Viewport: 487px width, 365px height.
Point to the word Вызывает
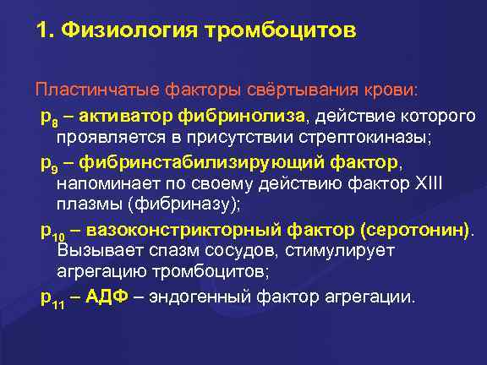[93, 251]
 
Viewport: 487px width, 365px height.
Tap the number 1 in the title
[41, 32]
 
